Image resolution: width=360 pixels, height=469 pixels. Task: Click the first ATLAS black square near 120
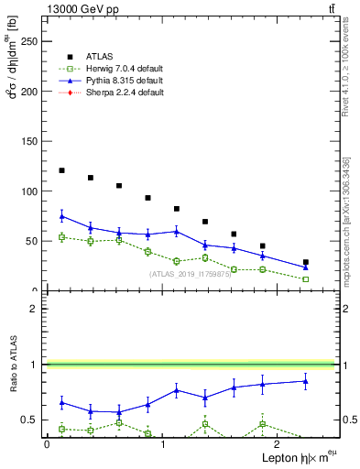61,170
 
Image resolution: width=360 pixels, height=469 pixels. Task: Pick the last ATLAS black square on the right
306,262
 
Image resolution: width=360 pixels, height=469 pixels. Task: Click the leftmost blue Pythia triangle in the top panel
61,216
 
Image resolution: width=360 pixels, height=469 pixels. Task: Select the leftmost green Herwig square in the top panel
61,237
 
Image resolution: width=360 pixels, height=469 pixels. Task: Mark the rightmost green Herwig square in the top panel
306,278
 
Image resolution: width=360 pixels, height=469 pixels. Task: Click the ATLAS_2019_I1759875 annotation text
190,274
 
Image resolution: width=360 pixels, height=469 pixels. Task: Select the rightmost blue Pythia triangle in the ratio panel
306,381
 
